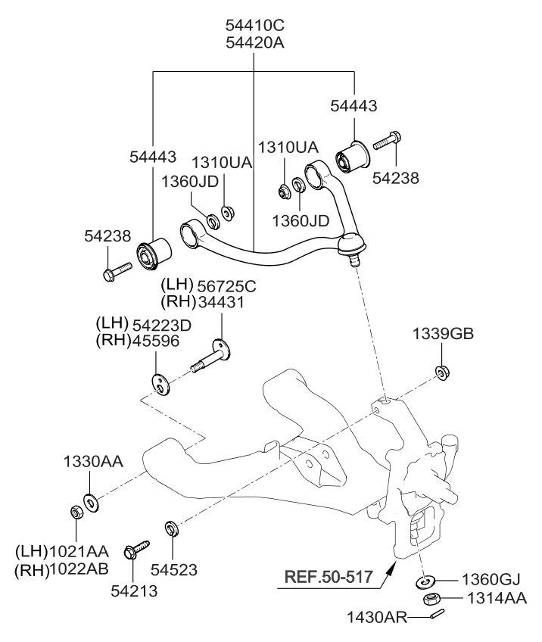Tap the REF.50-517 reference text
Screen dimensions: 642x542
[x=329, y=577]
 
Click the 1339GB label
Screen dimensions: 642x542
[x=443, y=333]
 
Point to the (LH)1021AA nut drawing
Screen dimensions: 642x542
[x=76, y=513]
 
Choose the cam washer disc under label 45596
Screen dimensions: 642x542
[x=161, y=383]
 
